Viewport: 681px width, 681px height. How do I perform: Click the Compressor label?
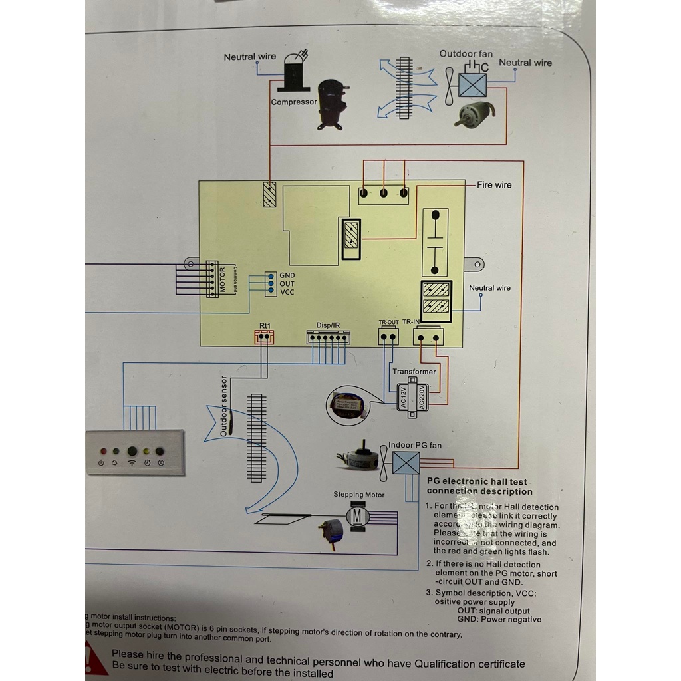coord(294,102)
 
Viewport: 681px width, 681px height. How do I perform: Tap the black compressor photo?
coord(332,104)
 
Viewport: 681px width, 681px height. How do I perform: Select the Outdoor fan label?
coord(466,53)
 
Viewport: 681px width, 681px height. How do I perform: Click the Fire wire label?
coord(494,185)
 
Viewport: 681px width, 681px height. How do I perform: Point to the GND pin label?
coord(287,275)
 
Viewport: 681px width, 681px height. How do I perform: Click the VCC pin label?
coord(287,293)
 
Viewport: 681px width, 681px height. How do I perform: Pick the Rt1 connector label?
coord(265,325)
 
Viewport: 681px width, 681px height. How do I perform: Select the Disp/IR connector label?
coord(329,325)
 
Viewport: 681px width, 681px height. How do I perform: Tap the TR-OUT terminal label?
coord(389,323)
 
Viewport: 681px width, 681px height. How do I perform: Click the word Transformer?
coord(414,372)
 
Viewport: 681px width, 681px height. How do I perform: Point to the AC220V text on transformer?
coord(422,397)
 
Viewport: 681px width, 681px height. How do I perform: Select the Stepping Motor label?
coord(359,495)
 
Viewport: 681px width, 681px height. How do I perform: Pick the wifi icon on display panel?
coord(132,462)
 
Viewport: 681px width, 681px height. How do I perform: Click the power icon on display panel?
coord(100,462)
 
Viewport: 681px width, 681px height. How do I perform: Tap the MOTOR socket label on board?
coord(223,279)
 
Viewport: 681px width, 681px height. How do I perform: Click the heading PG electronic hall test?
coord(477,481)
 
